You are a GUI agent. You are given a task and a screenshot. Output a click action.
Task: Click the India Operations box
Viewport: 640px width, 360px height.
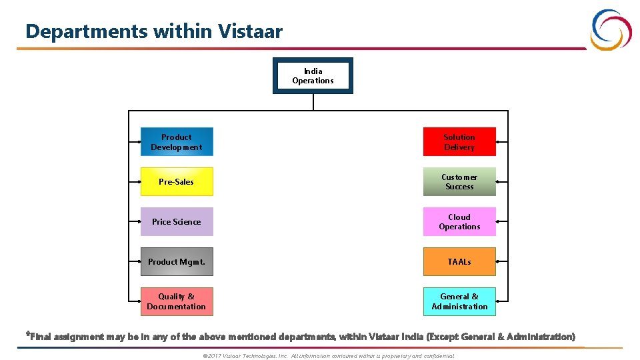coord(313,76)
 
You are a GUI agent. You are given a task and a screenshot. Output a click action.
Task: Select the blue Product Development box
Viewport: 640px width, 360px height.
coord(177,142)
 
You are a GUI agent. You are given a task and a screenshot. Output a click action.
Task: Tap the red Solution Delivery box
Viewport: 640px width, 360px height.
coord(459,142)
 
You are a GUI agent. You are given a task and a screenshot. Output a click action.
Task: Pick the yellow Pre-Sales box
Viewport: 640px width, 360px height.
coord(177,181)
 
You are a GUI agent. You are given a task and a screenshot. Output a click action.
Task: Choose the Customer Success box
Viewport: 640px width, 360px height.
coord(459,181)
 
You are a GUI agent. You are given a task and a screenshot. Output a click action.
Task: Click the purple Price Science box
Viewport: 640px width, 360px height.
coord(177,221)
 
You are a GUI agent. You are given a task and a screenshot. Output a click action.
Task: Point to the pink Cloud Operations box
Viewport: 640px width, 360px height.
coord(459,221)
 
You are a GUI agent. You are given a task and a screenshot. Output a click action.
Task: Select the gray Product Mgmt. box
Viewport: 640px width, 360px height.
coord(177,261)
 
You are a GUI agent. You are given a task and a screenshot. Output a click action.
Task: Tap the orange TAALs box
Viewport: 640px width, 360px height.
coord(459,261)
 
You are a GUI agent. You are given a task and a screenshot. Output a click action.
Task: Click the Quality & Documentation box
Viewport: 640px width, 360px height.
coord(177,301)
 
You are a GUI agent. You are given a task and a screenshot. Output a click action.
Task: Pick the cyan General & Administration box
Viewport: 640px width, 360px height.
coord(459,301)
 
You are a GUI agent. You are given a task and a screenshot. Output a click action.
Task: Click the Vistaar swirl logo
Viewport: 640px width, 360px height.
coord(611,29)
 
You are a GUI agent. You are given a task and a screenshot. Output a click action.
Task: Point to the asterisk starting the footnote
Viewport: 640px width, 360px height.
coord(27,334)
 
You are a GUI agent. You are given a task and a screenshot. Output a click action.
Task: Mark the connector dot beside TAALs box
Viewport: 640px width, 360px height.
coord(507,261)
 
